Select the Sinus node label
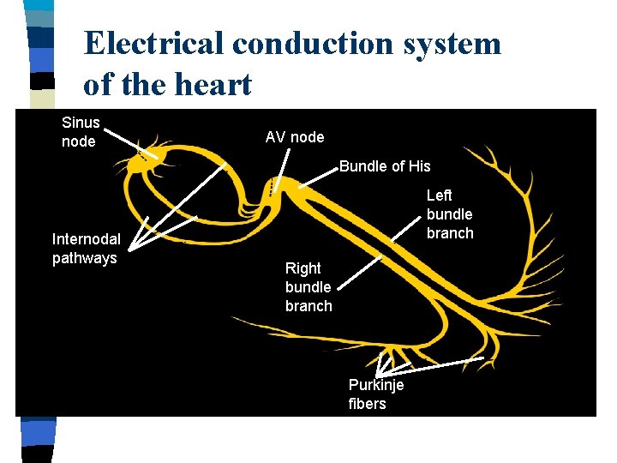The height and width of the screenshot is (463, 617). pyautogui.click(x=81, y=132)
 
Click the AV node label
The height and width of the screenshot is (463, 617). pyautogui.click(x=295, y=137)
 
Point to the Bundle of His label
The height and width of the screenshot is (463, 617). pyautogui.click(x=385, y=166)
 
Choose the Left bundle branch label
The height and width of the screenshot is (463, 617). pyautogui.click(x=449, y=214)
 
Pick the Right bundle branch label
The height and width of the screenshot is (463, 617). pyautogui.click(x=308, y=287)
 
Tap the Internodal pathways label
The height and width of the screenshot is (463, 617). pyautogui.click(x=86, y=249)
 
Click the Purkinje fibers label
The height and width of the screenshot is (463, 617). pyautogui.click(x=375, y=394)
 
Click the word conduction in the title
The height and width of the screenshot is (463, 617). pyautogui.click(x=307, y=43)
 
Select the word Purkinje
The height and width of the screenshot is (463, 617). pyautogui.click(x=375, y=385)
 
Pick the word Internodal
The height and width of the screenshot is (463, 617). pyautogui.click(x=86, y=239)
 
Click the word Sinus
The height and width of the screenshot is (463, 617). pyautogui.click(x=81, y=123)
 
